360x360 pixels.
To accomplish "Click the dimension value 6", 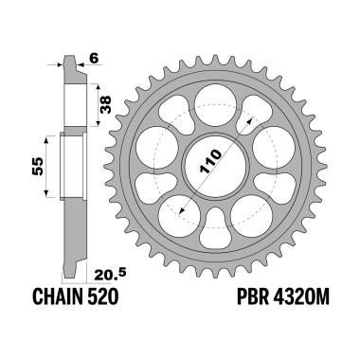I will coord(94,57).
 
